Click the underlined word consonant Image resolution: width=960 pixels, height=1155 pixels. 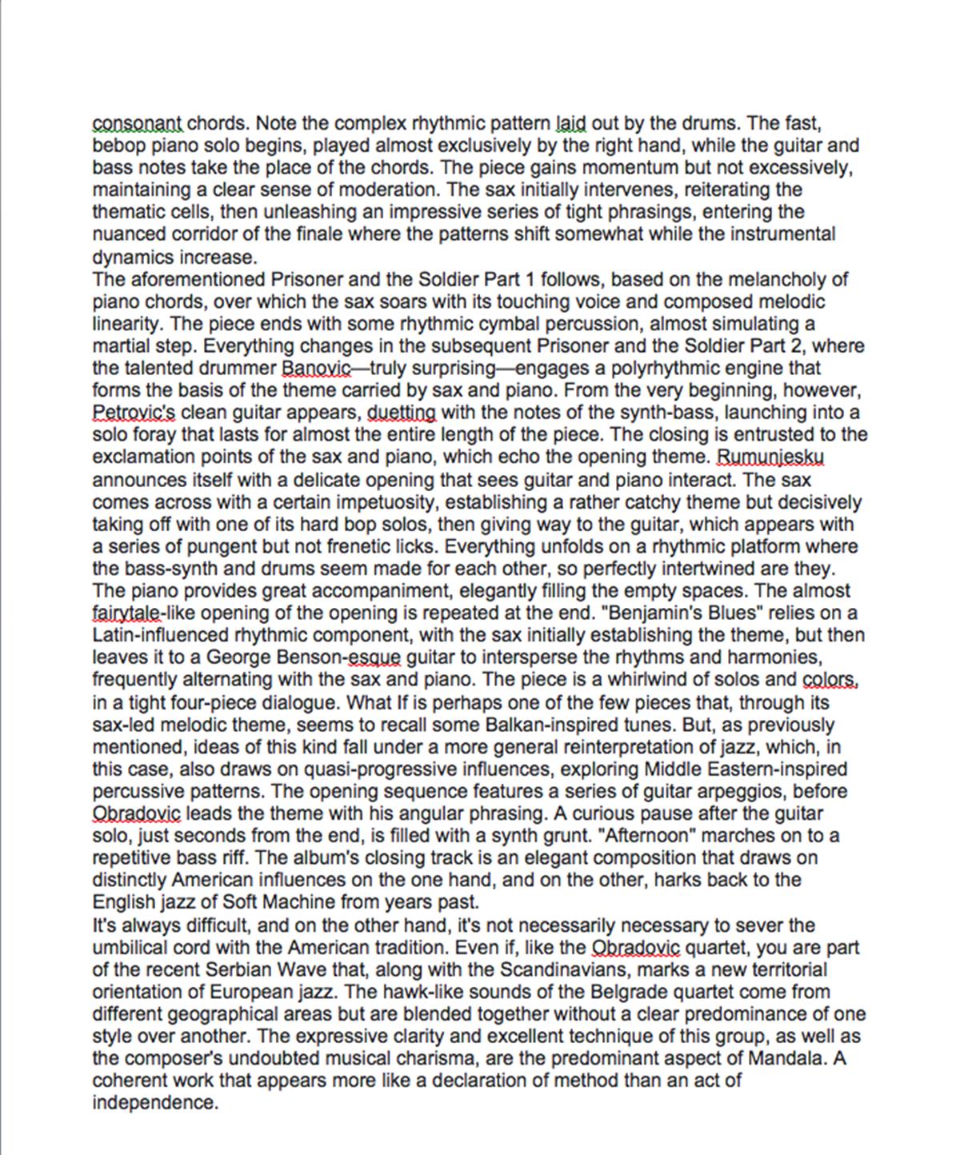coord(138,124)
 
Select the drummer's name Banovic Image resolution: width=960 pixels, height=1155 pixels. coord(316,369)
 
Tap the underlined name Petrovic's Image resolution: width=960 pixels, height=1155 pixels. coord(134,413)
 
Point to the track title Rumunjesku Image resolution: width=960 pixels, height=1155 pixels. coord(770,458)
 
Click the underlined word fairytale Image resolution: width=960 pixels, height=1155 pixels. coord(127,613)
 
